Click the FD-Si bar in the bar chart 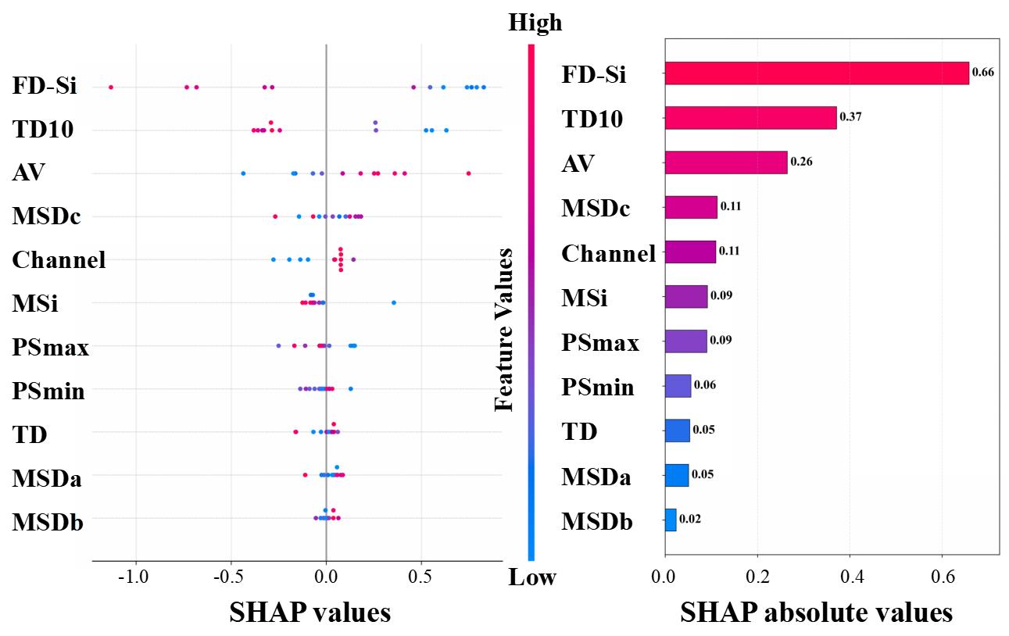[816, 73]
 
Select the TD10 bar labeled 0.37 [750, 118]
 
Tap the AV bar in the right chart [725, 162]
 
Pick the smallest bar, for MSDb [671, 520]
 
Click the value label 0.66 [982, 73]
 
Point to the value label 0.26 [800, 162]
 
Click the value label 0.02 [689, 519]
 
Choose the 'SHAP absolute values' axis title [816, 613]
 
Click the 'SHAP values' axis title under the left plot [309, 613]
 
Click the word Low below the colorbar [532, 578]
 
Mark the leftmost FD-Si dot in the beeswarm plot [110, 87]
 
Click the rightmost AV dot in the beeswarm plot [468, 173]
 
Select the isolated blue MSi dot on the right [393, 302]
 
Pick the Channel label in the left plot [59, 260]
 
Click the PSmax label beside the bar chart [599, 342]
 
